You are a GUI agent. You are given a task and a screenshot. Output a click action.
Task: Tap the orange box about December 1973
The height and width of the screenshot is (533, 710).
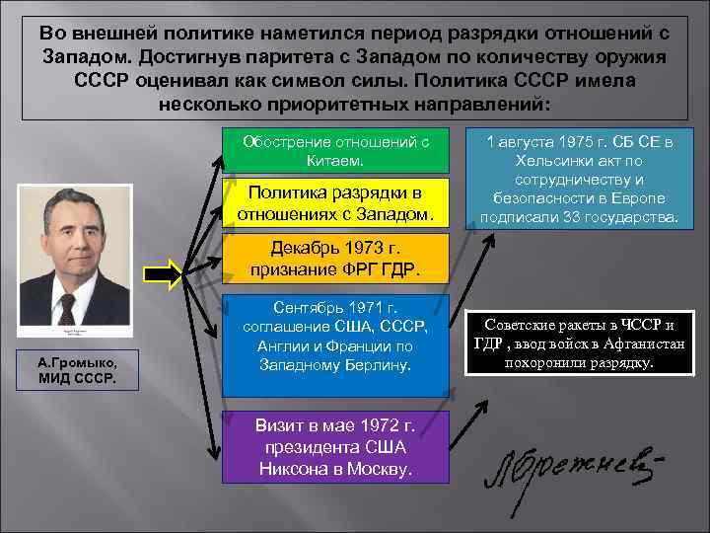tap(336, 258)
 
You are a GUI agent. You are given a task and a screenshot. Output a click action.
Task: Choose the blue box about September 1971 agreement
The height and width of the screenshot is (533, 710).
tap(336, 338)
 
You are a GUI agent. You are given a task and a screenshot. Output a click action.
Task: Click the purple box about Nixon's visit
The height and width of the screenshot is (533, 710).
tap(336, 447)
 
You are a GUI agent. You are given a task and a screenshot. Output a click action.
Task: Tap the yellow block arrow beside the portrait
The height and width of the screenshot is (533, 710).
tap(161, 273)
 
